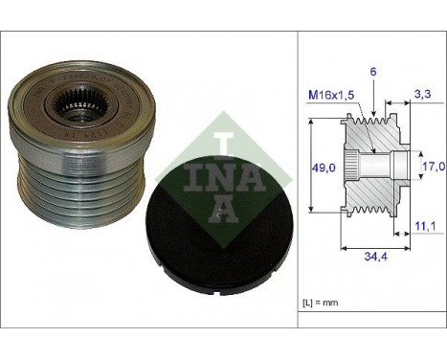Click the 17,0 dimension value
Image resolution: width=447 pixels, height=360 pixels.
click(432, 168)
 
